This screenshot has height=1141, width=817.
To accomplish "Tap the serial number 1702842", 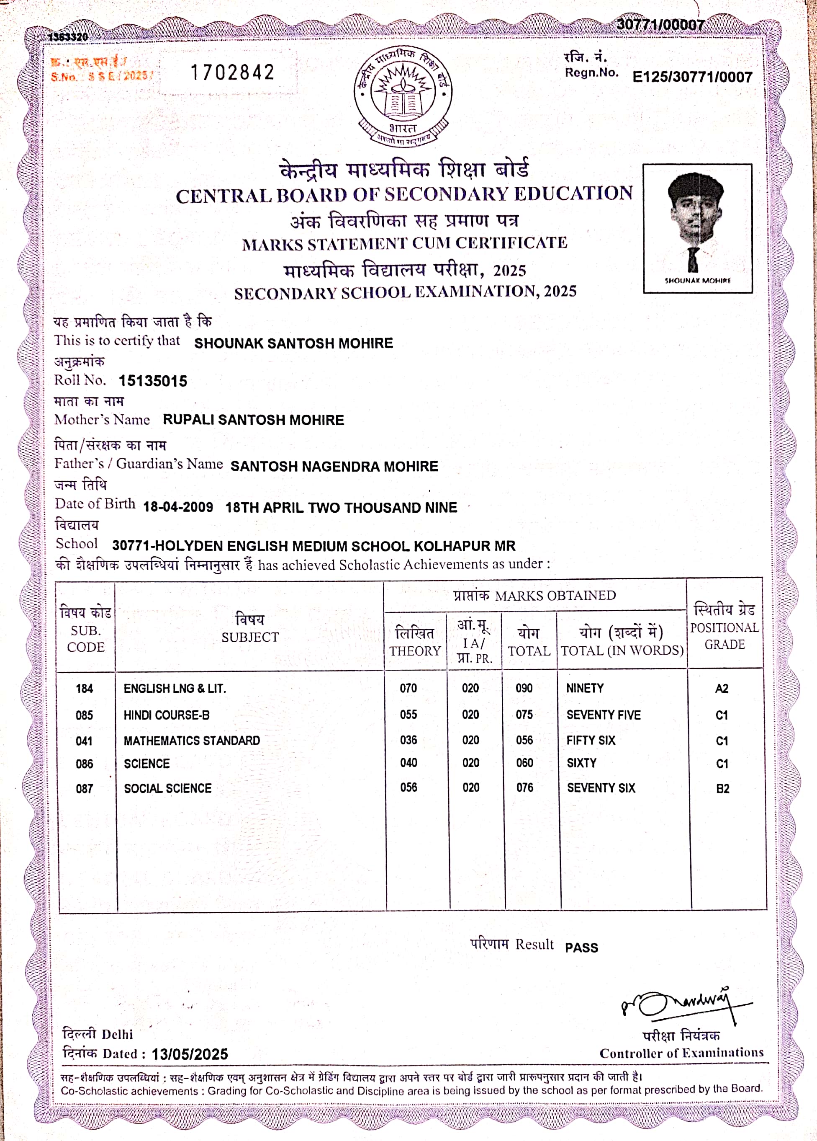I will point(232,72).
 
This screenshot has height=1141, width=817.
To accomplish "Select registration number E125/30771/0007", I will point(692,77).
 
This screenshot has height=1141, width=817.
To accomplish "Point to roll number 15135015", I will point(153,381).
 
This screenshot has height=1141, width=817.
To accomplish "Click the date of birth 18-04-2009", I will point(178,507).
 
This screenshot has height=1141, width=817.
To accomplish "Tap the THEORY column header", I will point(415,641).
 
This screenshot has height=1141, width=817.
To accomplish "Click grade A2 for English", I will point(722,688).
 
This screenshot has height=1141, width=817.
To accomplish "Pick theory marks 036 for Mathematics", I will point(408,740).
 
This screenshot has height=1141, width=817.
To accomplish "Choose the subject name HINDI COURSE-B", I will point(167,715).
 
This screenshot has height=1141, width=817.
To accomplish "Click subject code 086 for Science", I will point(85,764).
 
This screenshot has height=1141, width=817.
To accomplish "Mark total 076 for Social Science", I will point(524,787).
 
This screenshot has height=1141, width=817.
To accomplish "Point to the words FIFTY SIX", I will point(591,741).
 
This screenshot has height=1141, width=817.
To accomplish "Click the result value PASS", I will point(581,948).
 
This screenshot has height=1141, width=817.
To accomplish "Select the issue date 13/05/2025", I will point(190,1054).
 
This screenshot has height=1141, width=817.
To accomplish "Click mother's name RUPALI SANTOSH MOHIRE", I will point(253,420).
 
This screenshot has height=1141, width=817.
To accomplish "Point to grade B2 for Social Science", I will point(722,788).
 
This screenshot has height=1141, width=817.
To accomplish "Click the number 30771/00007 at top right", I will point(660,25).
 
